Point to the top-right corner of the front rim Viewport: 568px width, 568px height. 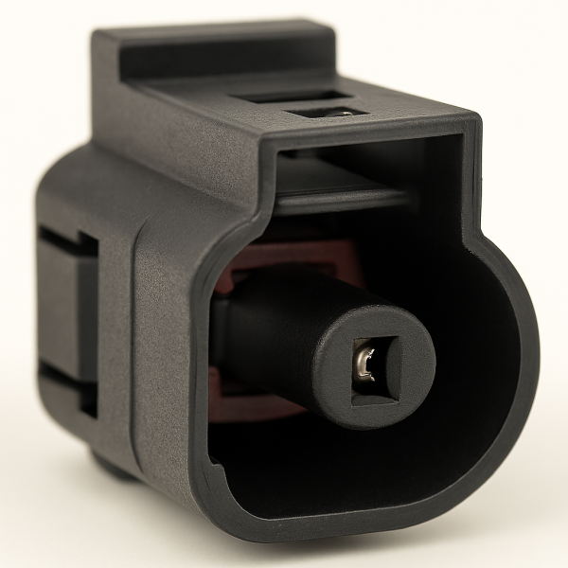tap(469, 133)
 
